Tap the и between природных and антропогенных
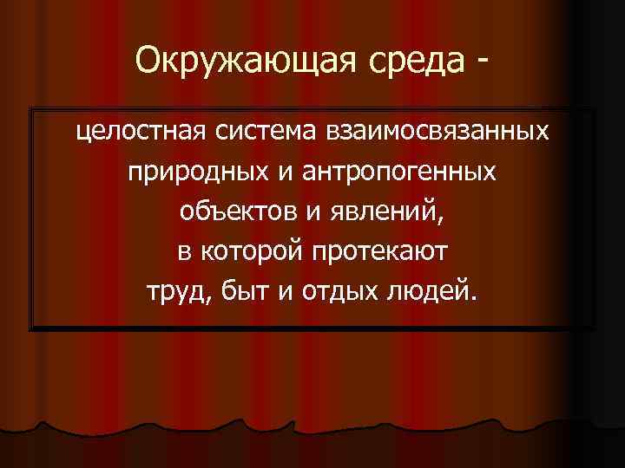[287, 172]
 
